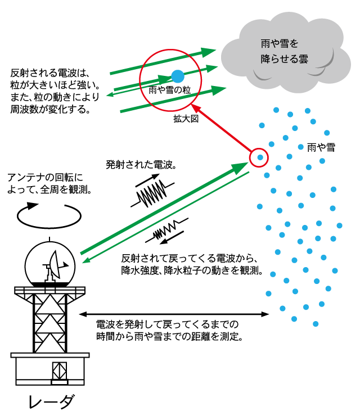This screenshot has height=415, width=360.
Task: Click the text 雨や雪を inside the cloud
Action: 280,43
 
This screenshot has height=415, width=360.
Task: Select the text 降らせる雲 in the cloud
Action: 284,59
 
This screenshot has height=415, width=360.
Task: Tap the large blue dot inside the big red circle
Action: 178,76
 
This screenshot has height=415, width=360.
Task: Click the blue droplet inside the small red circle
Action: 260,157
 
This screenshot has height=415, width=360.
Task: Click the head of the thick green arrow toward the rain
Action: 242,166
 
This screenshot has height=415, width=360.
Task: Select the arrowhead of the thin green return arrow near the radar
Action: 86,261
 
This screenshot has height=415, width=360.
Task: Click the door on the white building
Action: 60,371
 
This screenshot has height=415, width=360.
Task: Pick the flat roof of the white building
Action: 50,355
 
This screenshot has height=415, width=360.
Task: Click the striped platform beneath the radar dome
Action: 49,290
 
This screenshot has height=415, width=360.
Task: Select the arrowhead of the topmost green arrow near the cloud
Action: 210,52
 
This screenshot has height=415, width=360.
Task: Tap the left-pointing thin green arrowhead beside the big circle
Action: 110,94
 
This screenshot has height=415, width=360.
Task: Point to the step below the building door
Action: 60,382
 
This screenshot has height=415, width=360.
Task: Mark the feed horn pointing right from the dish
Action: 65,264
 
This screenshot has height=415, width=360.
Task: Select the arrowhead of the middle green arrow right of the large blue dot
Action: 213,68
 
